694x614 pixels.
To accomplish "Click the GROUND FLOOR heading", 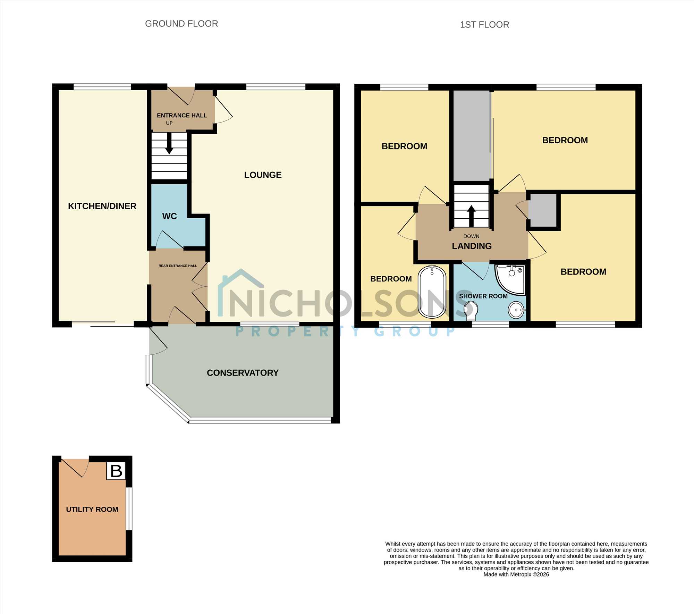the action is [181, 24].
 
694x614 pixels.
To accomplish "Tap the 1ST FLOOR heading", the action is [484, 25].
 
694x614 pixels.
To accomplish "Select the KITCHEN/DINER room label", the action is [102, 206].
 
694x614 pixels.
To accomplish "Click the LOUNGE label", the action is [263, 175].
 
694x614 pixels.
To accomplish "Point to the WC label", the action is [169, 216].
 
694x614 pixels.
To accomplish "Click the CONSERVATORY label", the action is [243, 373].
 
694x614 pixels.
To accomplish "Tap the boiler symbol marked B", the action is [116, 471].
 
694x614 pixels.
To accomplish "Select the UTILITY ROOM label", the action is [92, 510].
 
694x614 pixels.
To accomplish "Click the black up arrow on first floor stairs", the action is [471, 216].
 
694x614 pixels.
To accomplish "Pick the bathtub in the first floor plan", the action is [432, 292].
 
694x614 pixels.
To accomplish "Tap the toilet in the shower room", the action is [471, 310].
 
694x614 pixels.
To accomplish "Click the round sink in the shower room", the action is [516, 310].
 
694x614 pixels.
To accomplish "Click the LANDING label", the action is [472, 246].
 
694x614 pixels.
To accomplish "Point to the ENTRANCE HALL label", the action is [182, 116].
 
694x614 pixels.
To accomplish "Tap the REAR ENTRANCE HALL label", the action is [178, 266].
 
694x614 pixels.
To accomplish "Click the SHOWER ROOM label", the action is [483, 296].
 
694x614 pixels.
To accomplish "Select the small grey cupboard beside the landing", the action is [543, 211].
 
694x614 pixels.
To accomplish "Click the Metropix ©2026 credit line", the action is [516, 574].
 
